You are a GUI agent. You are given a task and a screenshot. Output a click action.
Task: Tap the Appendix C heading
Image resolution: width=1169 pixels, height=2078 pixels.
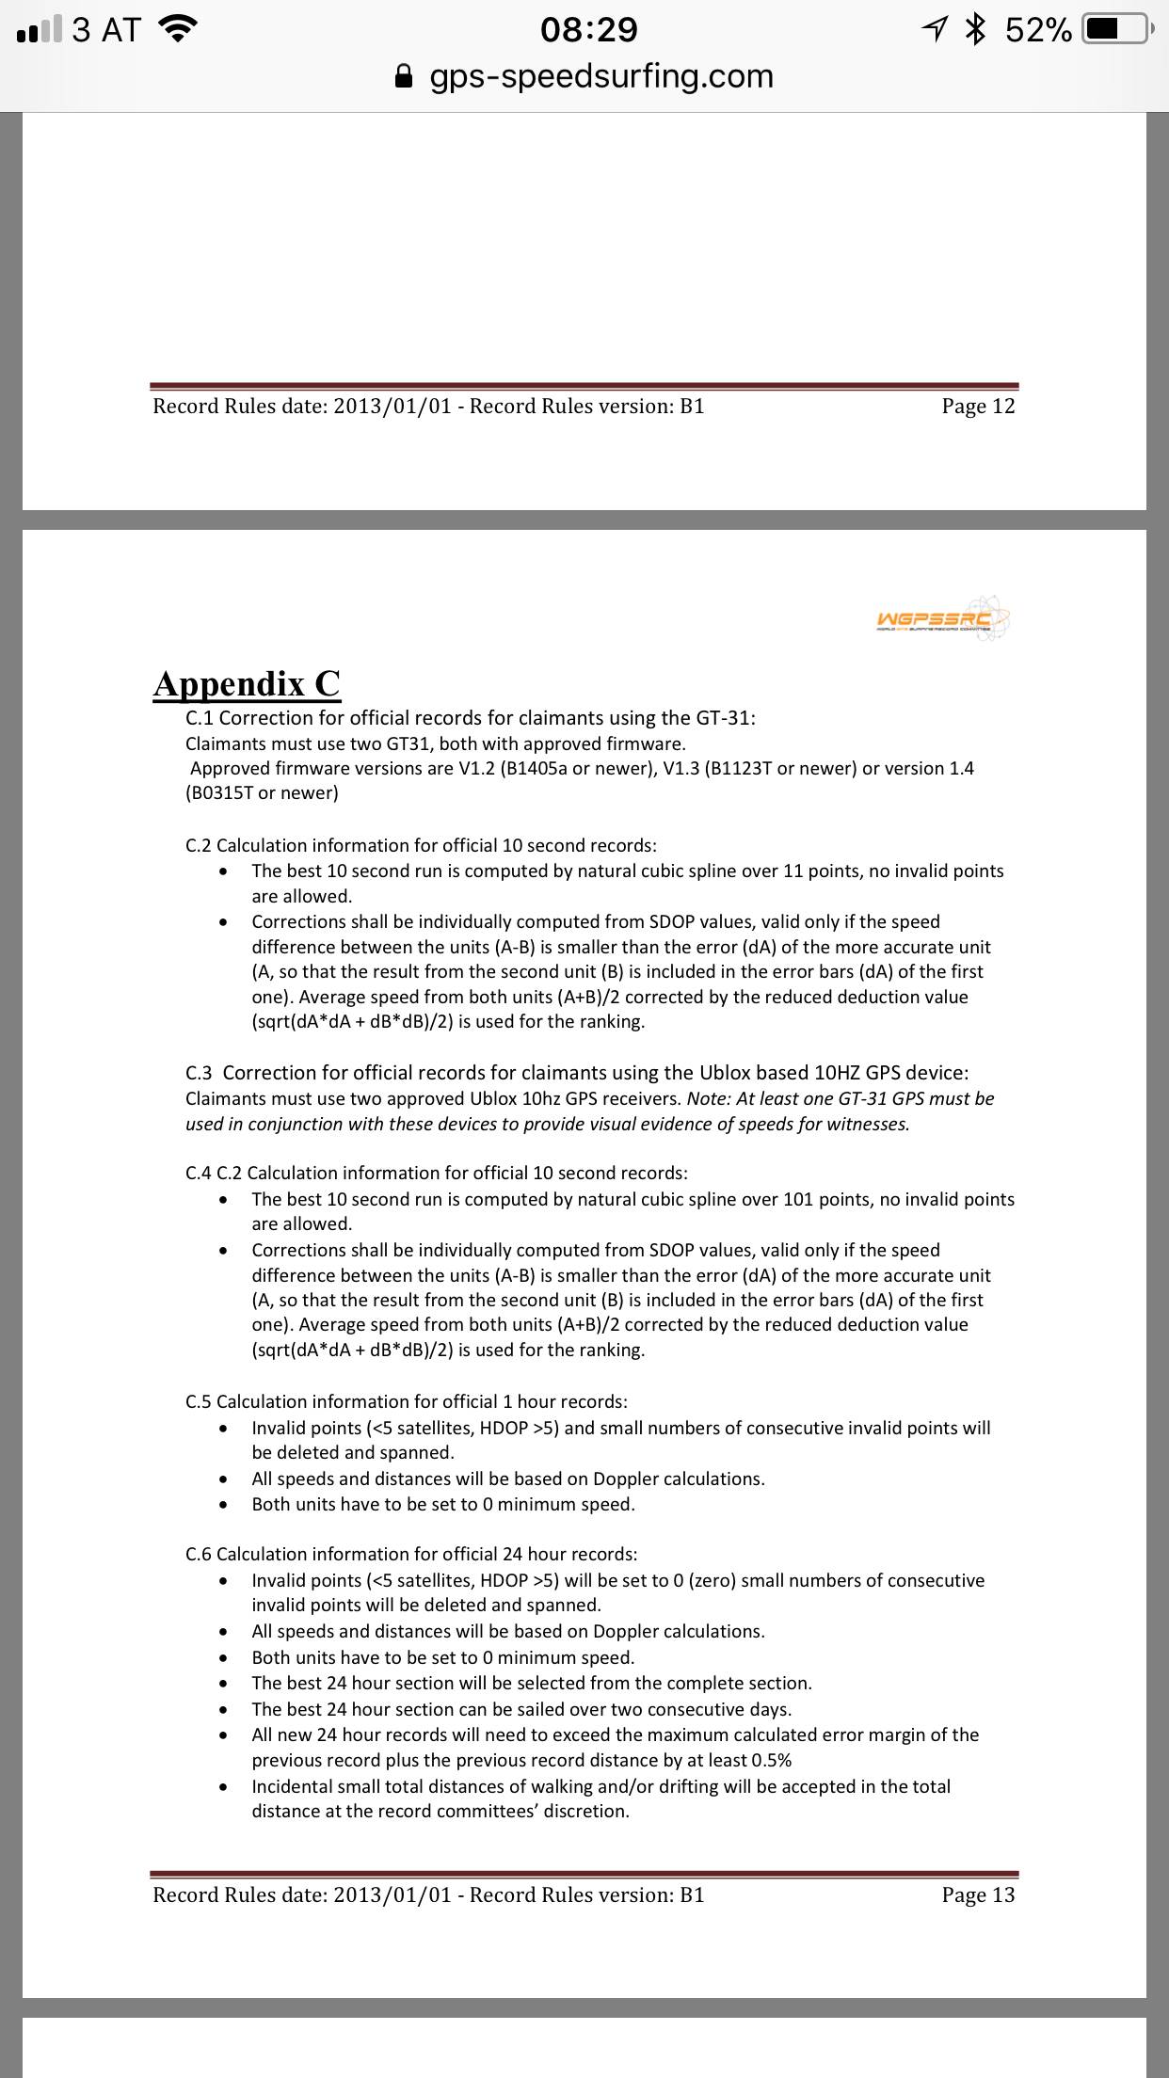(x=247, y=684)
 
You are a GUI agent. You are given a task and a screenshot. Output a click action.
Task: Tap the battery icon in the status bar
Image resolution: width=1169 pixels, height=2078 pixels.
(x=1116, y=30)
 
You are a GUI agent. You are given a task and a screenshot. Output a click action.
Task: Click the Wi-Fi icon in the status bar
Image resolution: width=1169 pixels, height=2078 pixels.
(x=179, y=30)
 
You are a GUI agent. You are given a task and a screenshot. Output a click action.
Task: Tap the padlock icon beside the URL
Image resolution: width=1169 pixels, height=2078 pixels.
(x=404, y=76)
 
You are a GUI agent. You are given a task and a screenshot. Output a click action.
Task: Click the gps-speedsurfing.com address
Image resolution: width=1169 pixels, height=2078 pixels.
(x=601, y=76)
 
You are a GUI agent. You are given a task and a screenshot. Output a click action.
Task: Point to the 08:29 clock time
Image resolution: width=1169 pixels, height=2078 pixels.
(x=589, y=30)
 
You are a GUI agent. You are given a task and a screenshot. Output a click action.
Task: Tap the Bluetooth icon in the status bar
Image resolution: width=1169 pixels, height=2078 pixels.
(x=976, y=30)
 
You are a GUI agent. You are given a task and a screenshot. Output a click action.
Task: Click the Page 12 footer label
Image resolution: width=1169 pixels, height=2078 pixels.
(x=978, y=407)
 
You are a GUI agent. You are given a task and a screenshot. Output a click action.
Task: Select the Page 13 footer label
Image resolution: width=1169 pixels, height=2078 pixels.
(x=978, y=1895)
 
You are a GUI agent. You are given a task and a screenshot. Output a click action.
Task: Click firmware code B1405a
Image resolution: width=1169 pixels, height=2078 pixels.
(x=536, y=769)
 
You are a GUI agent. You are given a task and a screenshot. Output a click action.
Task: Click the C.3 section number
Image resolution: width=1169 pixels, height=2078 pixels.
(x=199, y=1074)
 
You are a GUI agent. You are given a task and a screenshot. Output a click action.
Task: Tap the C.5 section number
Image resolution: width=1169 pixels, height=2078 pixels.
(x=199, y=1402)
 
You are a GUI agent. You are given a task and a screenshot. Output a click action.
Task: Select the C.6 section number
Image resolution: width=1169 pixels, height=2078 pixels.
(x=199, y=1555)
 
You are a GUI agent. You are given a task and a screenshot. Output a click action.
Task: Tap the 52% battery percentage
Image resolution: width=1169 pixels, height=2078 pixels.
(x=1038, y=30)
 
